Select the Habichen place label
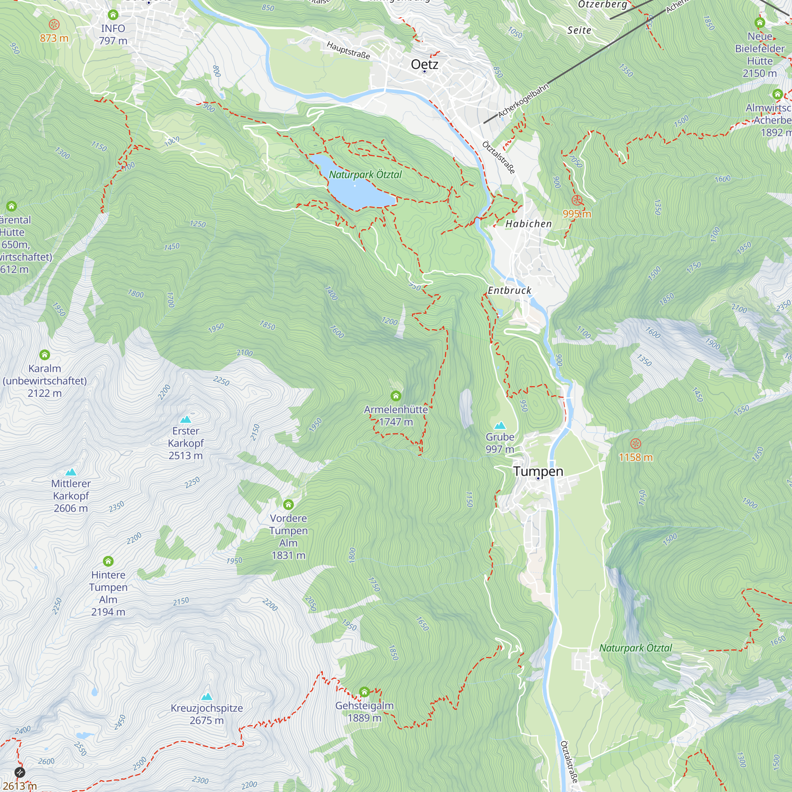[x=528, y=224]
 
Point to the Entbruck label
[x=509, y=290]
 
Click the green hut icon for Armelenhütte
[x=396, y=396]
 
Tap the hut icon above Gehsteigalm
[x=364, y=692]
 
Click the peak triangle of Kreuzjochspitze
[x=207, y=697]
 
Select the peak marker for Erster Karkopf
[x=186, y=419]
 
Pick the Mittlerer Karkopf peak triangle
[x=71, y=472]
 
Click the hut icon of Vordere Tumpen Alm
[x=288, y=504]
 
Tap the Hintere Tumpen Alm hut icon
[x=108, y=561]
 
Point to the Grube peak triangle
[x=500, y=426]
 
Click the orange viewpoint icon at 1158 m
[x=636, y=444]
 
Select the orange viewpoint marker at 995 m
[x=577, y=200]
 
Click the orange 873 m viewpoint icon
[x=54, y=25]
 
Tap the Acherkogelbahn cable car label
[x=523, y=101]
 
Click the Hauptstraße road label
[x=348, y=50]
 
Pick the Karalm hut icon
[x=45, y=354]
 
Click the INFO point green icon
[x=113, y=15]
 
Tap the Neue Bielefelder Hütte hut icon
[x=760, y=23]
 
